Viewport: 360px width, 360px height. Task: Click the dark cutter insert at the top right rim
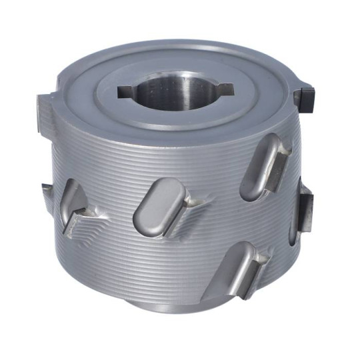pyautogui.click(x=307, y=97)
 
